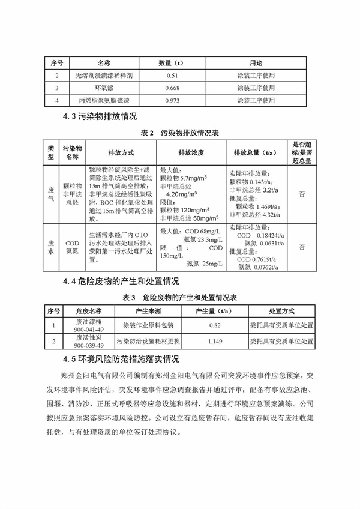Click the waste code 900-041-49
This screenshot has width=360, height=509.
tap(88, 329)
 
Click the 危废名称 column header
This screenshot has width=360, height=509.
tap(88, 311)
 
